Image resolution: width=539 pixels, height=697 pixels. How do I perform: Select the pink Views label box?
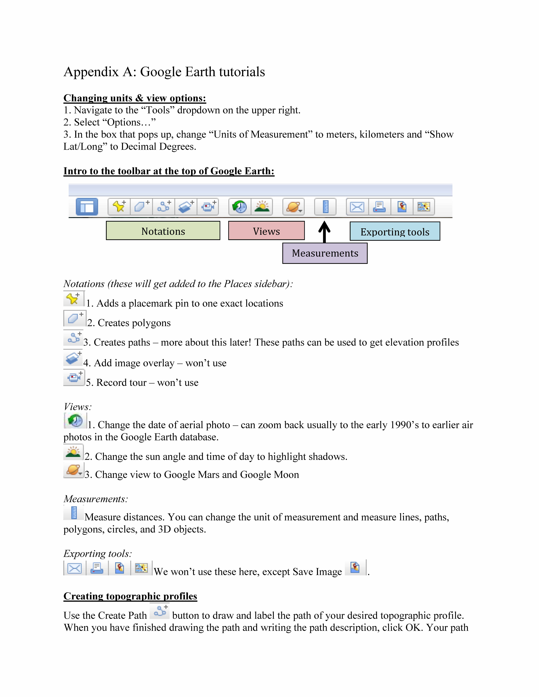(x=266, y=230)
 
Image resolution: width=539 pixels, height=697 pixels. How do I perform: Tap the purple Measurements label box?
(x=325, y=253)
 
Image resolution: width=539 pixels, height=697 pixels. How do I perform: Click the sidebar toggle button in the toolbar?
(x=87, y=207)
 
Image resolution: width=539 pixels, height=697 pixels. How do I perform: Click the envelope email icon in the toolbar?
(x=357, y=207)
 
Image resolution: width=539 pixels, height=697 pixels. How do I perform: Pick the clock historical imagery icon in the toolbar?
(x=240, y=207)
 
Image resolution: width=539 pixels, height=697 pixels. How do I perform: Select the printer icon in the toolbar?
(x=379, y=207)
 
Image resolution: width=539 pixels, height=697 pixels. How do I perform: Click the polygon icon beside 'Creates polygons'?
(x=74, y=318)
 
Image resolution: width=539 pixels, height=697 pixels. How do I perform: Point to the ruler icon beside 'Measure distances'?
(x=74, y=513)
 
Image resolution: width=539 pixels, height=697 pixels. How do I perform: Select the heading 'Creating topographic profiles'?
(x=130, y=596)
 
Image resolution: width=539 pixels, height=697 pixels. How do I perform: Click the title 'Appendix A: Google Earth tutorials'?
(x=164, y=72)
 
